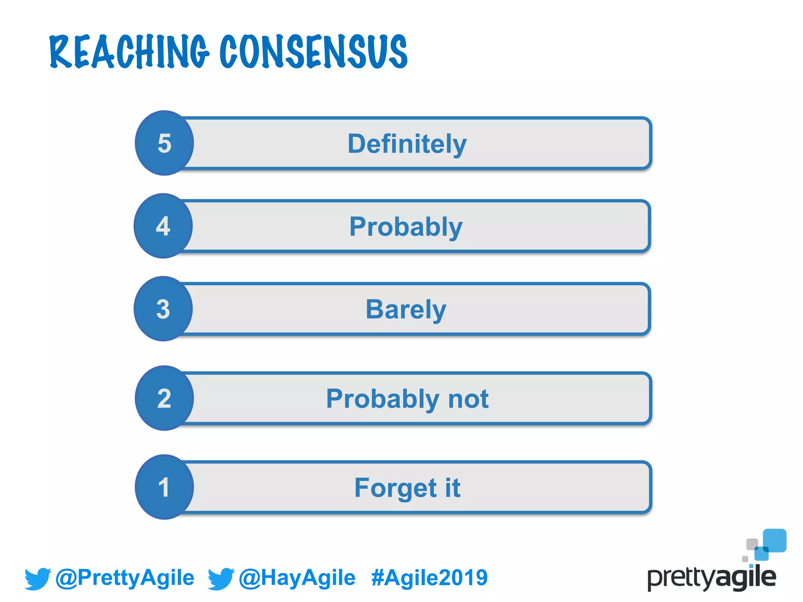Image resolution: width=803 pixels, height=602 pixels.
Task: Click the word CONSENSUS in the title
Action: click(313, 52)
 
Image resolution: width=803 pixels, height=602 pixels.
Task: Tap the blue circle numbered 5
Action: click(164, 143)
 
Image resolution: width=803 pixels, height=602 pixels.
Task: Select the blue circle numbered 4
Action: click(163, 226)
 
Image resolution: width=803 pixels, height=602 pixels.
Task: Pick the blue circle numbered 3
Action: click(163, 309)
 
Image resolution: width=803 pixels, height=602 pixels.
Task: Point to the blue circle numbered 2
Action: click(164, 398)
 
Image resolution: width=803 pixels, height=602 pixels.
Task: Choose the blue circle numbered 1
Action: click(164, 487)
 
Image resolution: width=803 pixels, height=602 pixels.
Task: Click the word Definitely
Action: click(407, 144)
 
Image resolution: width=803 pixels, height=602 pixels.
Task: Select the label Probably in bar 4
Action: click(406, 227)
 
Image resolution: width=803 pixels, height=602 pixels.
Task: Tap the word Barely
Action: click(406, 310)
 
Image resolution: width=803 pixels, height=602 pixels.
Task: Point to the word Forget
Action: click(395, 488)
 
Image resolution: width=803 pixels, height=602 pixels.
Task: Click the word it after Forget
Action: click(452, 488)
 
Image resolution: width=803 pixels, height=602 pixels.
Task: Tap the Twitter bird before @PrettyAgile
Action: click(38, 578)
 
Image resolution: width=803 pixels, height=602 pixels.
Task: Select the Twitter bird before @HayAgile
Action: click(221, 578)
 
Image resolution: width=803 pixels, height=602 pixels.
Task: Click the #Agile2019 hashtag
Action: click(429, 578)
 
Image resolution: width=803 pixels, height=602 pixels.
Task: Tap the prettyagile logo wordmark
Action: click(711, 578)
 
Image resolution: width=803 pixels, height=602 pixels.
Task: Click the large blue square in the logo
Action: click(775, 540)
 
